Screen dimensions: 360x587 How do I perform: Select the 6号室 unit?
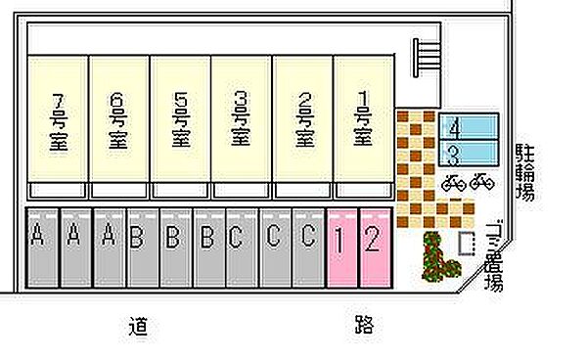(118, 118)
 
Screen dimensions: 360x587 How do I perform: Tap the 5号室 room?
(179, 118)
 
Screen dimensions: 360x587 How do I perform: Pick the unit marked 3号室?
(241, 118)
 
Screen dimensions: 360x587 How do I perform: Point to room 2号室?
(302, 118)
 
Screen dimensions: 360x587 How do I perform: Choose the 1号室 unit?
(363, 118)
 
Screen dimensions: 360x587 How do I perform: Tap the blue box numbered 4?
(471, 128)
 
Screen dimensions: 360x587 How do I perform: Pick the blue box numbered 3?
(471, 153)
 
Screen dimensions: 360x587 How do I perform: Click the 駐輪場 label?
(525, 172)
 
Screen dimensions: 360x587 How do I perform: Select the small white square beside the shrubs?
(466, 241)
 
